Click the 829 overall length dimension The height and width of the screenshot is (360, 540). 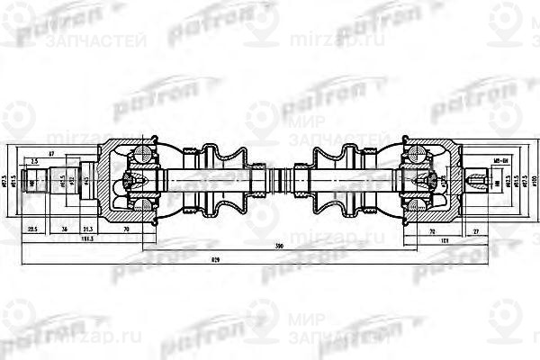269,260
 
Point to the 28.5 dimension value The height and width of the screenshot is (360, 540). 32,229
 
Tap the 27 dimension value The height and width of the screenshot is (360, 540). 476,229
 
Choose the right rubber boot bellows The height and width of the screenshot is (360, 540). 333,180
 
